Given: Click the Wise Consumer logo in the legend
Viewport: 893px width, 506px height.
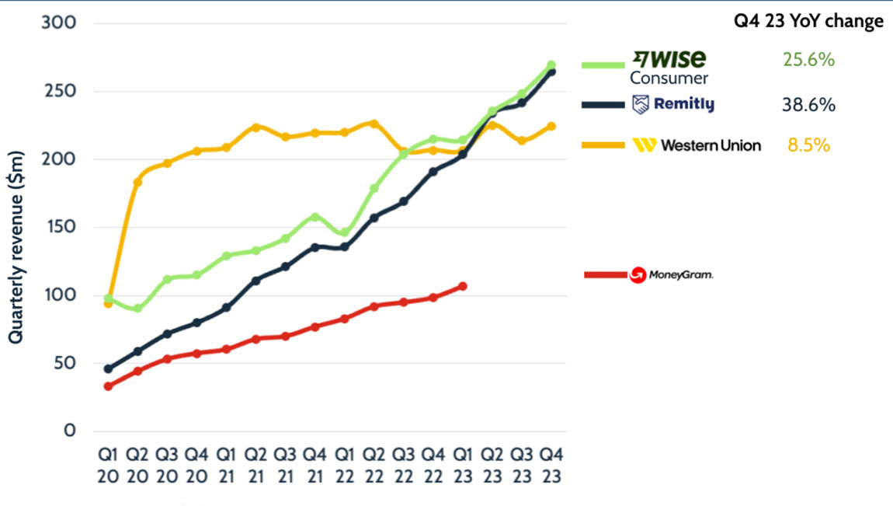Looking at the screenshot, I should (x=667, y=66).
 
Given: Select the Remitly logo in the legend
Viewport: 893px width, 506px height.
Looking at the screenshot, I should (x=673, y=105).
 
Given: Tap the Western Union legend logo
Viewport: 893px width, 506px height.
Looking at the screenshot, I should (x=697, y=145).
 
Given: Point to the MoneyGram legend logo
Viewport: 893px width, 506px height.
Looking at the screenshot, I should (x=671, y=274).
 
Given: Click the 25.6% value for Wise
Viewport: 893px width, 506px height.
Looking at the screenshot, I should (x=808, y=59).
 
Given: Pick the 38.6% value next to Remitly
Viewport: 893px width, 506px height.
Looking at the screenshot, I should (x=809, y=105).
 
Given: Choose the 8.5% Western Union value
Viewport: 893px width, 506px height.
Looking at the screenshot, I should (x=808, y=145).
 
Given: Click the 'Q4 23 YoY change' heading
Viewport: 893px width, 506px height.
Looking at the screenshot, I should (x=808, y=21).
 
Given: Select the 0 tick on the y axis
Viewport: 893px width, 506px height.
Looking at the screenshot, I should (x=69, y=431).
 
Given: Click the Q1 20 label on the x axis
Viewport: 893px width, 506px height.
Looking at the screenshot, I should (x=108, y=464).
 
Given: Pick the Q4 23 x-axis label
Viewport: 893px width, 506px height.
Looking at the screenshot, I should (x=551, y=464).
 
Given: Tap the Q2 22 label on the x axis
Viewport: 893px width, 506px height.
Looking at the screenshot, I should (x=374, y=464).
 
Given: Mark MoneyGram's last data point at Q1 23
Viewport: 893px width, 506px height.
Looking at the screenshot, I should (x=463, y=286).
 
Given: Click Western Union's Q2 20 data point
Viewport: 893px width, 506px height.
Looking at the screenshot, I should (x=137, y=182).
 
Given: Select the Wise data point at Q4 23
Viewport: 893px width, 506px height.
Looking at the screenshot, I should (x=551, y=65).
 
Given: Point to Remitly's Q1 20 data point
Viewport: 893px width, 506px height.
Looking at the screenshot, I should (x=108, y=368).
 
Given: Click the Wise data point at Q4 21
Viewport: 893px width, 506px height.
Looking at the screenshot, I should (x=314, y=218).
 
